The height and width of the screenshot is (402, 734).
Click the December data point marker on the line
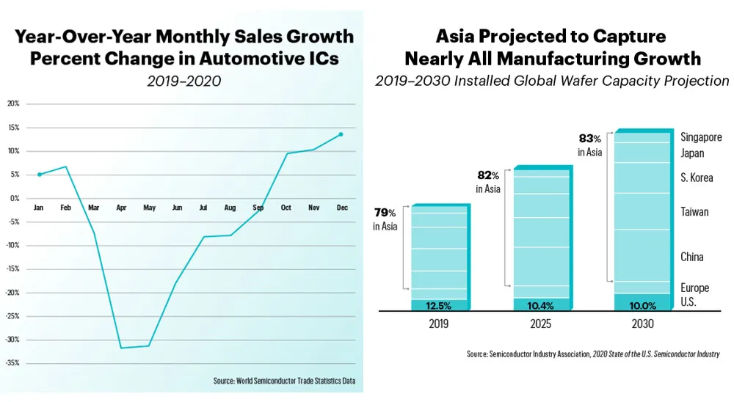(341, 134)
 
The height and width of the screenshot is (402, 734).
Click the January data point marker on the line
(39, 175)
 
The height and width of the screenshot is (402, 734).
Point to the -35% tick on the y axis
(13, 363)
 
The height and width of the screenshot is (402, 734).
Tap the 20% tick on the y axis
(13, 103)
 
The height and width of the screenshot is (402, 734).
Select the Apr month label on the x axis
(121, 208)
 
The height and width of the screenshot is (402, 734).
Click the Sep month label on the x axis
(258, 208)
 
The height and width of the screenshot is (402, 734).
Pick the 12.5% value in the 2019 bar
(439, 305)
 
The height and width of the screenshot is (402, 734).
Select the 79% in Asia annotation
(385, 219)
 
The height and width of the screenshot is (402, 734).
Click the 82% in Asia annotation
(488, 182)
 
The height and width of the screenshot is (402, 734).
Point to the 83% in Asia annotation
(590, 145)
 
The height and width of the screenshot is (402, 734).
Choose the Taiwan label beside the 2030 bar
(694, 212)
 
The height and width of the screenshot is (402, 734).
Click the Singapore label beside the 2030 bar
(701, 137)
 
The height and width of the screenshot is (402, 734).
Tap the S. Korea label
(697, 178)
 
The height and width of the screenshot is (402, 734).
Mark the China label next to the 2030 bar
(692, 257)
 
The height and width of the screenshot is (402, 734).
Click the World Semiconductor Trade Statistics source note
(285, 381)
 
